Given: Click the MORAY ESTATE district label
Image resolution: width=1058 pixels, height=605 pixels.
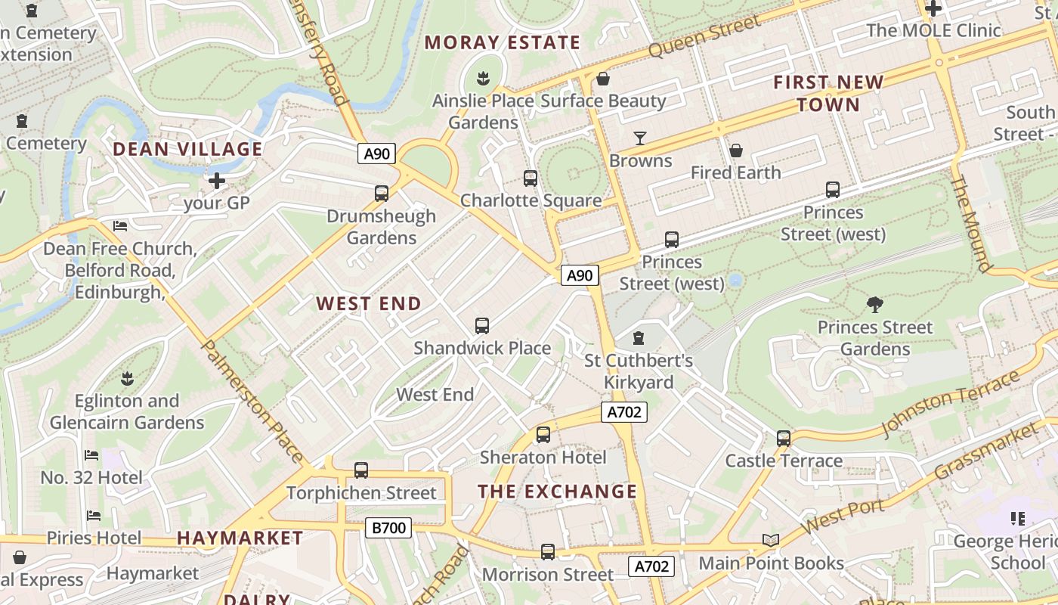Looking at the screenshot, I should pyautogui.click(x=503, y=42).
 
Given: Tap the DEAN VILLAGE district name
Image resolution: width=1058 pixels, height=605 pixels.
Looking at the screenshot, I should pyautogui.click(x=187, y=149).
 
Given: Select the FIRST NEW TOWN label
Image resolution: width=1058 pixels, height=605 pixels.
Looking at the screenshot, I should pyautogui.click(x=828, y=93).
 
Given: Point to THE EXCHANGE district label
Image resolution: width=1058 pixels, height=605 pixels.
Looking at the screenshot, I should pyautogui.click(x=558, y=492).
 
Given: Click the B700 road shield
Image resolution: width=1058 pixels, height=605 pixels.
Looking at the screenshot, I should pyautogui.click(x=388, y=527).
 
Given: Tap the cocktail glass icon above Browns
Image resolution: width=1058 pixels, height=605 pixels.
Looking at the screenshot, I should pyautogui.click(x=640, y=138).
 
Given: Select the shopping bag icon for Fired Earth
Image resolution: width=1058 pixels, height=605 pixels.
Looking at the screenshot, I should pyautogui.click(x=735, y=150).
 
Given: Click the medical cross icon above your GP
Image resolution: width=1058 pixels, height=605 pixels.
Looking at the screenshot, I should pyautogui.click(x=217, y=181).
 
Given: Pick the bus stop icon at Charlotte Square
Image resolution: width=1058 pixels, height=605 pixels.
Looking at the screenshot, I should pyautogui.click(x=531, y=178).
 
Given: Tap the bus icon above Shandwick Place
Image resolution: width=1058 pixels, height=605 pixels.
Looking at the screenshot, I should pyautogui.click(x=482, y=326).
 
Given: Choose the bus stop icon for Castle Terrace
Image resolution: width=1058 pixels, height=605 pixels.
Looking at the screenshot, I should pyautogui.click(x=784, y=439).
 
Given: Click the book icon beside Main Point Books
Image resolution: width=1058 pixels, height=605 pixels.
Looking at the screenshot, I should pyautogui.click(x=771, y=541).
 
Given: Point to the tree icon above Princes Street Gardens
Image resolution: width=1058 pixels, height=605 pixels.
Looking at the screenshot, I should pyautogui.click(x=875, y=305).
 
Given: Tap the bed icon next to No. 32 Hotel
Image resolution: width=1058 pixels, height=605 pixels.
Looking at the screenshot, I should pyautogui.click(x=91, y=455).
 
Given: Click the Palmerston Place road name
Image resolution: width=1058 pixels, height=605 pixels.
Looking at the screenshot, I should pyautogui.click(x=252, y=400).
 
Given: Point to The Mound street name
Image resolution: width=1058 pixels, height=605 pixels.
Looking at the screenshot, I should pyautogui.click(x=970, y=223).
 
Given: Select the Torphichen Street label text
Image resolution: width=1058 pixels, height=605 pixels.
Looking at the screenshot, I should pyautogui.click(x=361, y=493).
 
